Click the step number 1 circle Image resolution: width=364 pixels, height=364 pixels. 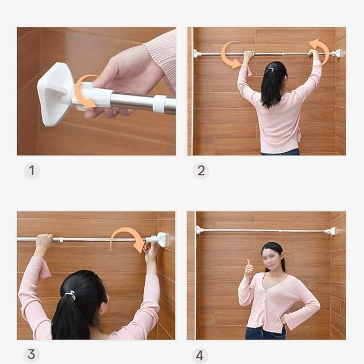[x=32, y=171]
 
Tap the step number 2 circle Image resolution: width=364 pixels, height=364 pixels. [x=201, y=170]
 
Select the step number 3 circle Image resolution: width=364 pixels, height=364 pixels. [x=32, y=354]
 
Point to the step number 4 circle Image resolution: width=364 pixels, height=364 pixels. [x=200, y=355]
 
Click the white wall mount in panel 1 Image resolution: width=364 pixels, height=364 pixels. [x=54, y=94]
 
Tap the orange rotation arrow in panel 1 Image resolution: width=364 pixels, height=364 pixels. [x=85, y=92]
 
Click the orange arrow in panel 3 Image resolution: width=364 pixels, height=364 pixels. [x=129, y=239]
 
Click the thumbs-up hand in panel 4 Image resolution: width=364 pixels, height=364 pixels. [x=249, y=269]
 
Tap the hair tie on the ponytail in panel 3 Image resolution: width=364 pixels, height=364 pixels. [x=71, y=295]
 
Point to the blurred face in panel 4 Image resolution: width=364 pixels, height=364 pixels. [x=272, y=259]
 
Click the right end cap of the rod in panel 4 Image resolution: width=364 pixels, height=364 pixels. [x=331, y=231]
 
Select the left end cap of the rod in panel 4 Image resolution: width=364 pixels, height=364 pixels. [x=200, y=230]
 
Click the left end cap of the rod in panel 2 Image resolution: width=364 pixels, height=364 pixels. [x=197, y=54]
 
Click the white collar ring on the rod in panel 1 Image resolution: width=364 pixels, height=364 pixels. [x=159, y=104]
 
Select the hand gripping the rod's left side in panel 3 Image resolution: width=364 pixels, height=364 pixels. [x=43, y=244]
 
